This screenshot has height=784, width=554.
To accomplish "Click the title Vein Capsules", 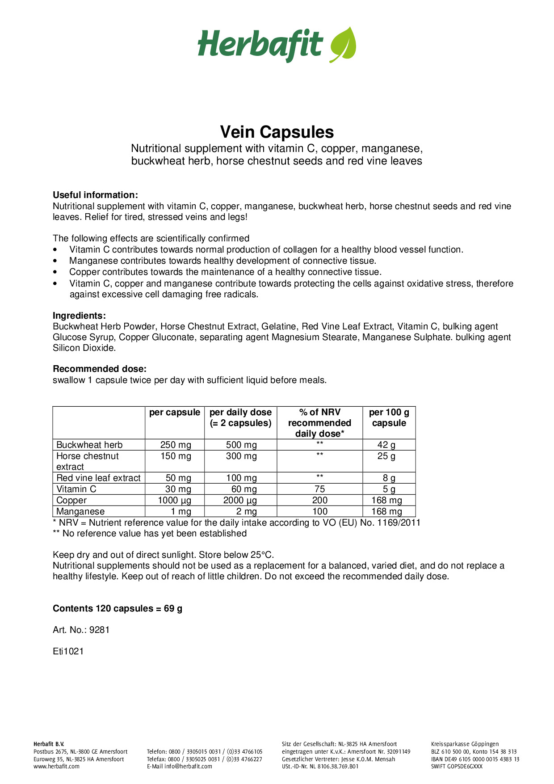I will (277, 132).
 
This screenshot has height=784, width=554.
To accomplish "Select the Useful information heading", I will (95, 195).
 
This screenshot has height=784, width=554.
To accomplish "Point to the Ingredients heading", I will (79, 316).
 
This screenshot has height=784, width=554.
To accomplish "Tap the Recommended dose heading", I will (100, 369).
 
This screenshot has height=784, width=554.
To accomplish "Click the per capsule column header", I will (175, 413).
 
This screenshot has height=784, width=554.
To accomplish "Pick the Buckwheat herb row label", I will (89, 445).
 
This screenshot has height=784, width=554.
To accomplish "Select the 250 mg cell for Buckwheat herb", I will (176, 445).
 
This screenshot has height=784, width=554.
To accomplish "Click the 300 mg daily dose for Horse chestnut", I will (241, 456).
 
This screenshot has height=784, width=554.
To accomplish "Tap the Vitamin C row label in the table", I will (76, 489).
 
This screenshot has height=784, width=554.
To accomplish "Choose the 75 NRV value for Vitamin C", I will (320, 489).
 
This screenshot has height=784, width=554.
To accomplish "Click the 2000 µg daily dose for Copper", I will (240, 500).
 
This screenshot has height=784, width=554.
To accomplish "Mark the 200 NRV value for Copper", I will (320, 500).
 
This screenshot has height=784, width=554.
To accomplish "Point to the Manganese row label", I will (80, 511).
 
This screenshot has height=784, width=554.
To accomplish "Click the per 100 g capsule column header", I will (389, 417).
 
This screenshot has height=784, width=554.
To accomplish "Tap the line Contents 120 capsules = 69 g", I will (118, 608).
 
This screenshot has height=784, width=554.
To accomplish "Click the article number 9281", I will (99, 630).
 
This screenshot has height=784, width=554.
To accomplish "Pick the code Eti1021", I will (68, 651).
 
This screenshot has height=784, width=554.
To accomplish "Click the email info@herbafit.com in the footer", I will (188, 766).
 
